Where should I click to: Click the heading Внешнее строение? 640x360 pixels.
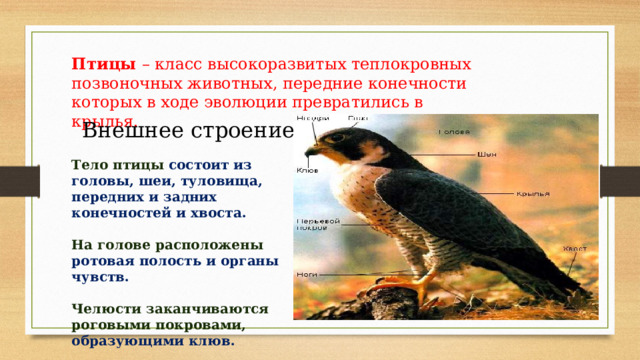tap(187, 131)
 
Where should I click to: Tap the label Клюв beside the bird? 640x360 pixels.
tap(307, 170)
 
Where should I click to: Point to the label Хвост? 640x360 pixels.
tap(573, 249)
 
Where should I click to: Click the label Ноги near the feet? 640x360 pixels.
tap(305, 272)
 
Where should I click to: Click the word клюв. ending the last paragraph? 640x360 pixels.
tap(215, 340)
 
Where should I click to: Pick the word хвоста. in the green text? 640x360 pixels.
tap(221, 213)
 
